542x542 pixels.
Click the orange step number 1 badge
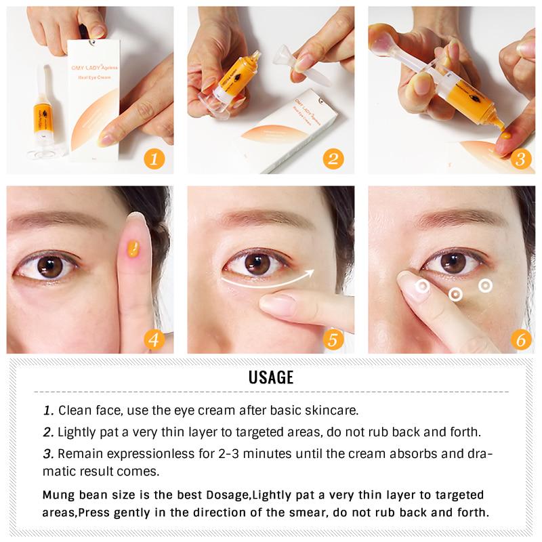click(x=154, y=159)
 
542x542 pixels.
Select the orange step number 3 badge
click(x=520, y=160)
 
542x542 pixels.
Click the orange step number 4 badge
click(x=154, y=338)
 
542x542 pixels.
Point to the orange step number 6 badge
click(x=520, y=338)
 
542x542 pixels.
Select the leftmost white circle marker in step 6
click(x=422, y=287)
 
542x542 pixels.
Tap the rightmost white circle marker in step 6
click(x=484, y=285)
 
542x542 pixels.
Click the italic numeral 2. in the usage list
click(x=48, y=432)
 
